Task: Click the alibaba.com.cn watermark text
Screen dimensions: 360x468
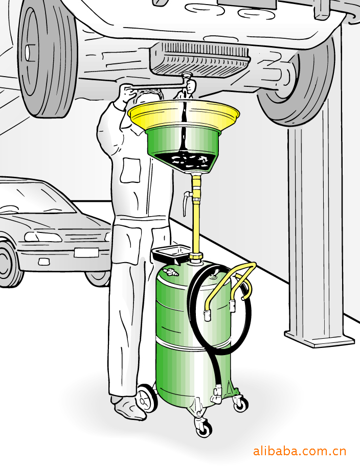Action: click(x=299, y=451)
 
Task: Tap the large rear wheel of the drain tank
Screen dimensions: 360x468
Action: click(x=146, y=399)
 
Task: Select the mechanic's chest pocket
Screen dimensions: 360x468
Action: click(x=130, y=171)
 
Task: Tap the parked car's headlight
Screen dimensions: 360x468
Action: click(x=43, y=237)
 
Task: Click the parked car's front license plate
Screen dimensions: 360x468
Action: click(x=86, y=252)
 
